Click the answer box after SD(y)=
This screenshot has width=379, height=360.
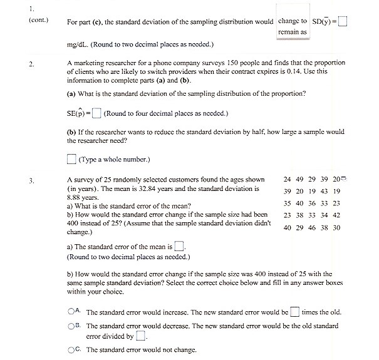342,21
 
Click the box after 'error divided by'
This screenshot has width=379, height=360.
141,336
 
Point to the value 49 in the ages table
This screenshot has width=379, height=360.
300,179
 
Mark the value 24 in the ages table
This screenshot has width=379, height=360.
288,179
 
